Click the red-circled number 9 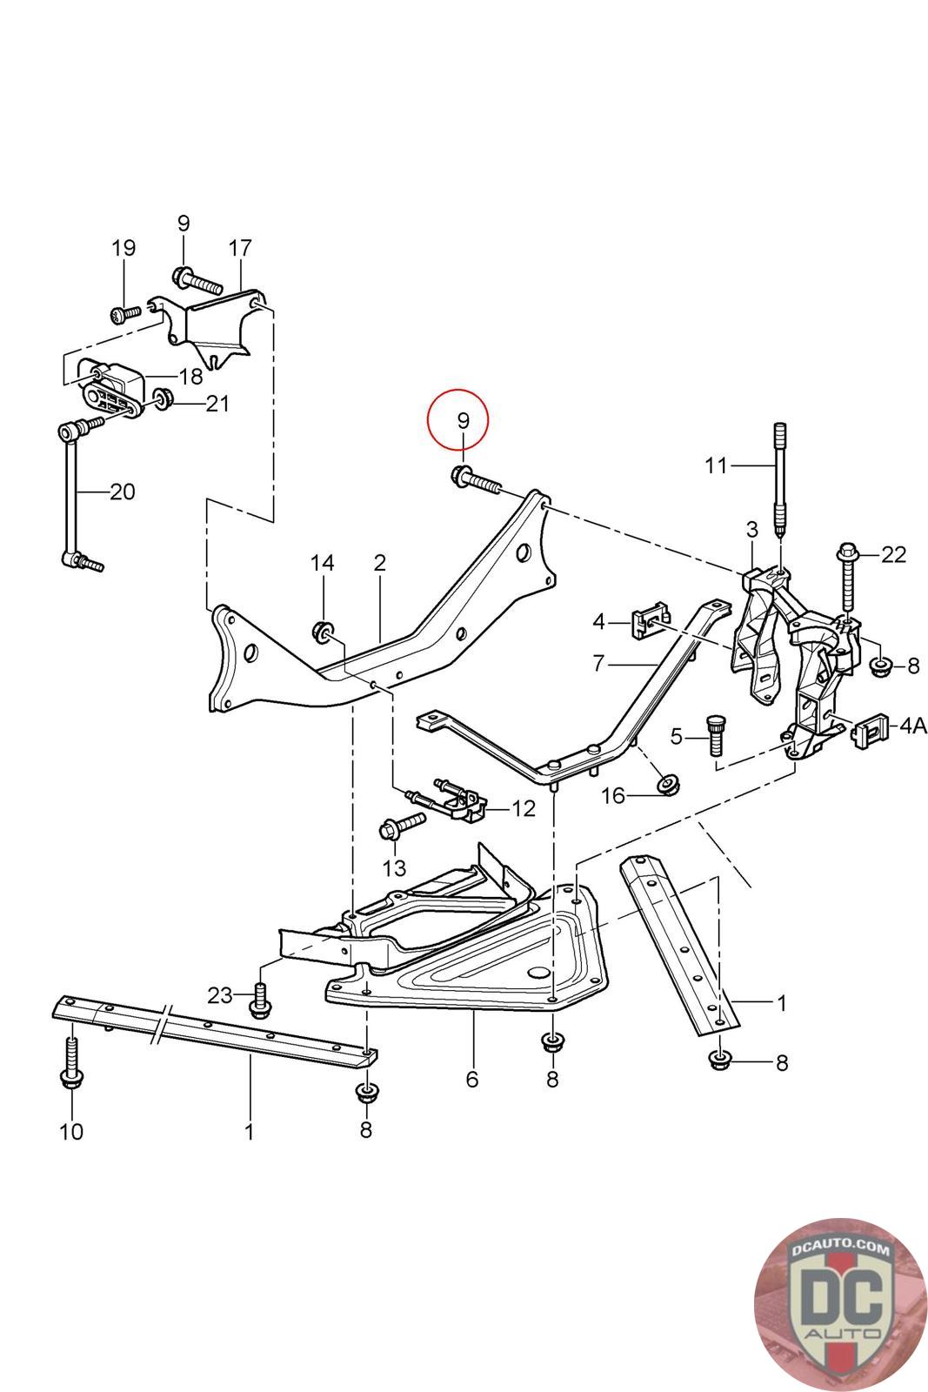(463, 420)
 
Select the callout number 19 (124, 248)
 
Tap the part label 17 (239, 248)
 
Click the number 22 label (893, 554)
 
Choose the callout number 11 (715, 465)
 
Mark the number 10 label (70, 1131)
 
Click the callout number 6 (472, 1080)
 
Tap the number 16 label (614, 795)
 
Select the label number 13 (394, 867)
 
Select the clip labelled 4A (872, 729)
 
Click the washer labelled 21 (162, 399)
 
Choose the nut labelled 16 (668, 784)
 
